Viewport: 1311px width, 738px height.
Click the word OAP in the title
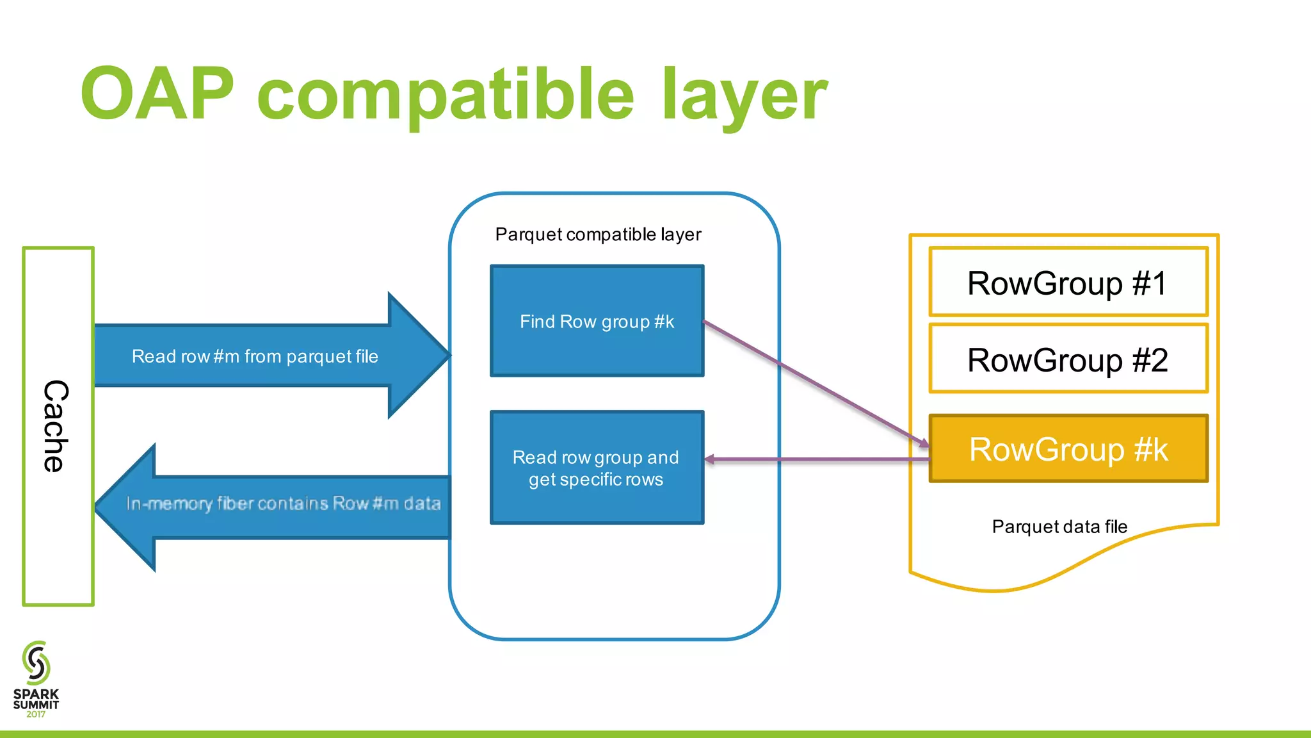coord(157,94)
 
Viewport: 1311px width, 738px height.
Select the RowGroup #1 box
coord(1068,283)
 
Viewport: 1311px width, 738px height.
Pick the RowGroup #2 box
coord(1068,359)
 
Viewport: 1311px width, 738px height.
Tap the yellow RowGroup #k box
coord(1068,448)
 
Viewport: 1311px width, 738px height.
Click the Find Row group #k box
coord(597,321)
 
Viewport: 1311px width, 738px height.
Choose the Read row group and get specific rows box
coord(597,468)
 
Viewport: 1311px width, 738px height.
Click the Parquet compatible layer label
coord(598,234)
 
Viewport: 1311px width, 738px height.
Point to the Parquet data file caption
coord(1059,527)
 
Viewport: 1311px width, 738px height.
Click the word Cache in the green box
coord(56,426)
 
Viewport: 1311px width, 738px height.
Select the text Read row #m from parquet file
coord(255,356)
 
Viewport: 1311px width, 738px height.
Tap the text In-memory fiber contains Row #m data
coord(283,504)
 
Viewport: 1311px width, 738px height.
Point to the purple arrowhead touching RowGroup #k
coord(924,443)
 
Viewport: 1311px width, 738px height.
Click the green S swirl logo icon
coord(36,662)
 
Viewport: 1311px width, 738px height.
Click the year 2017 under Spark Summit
coord(36,714)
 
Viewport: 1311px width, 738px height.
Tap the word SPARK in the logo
coord(36,694)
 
